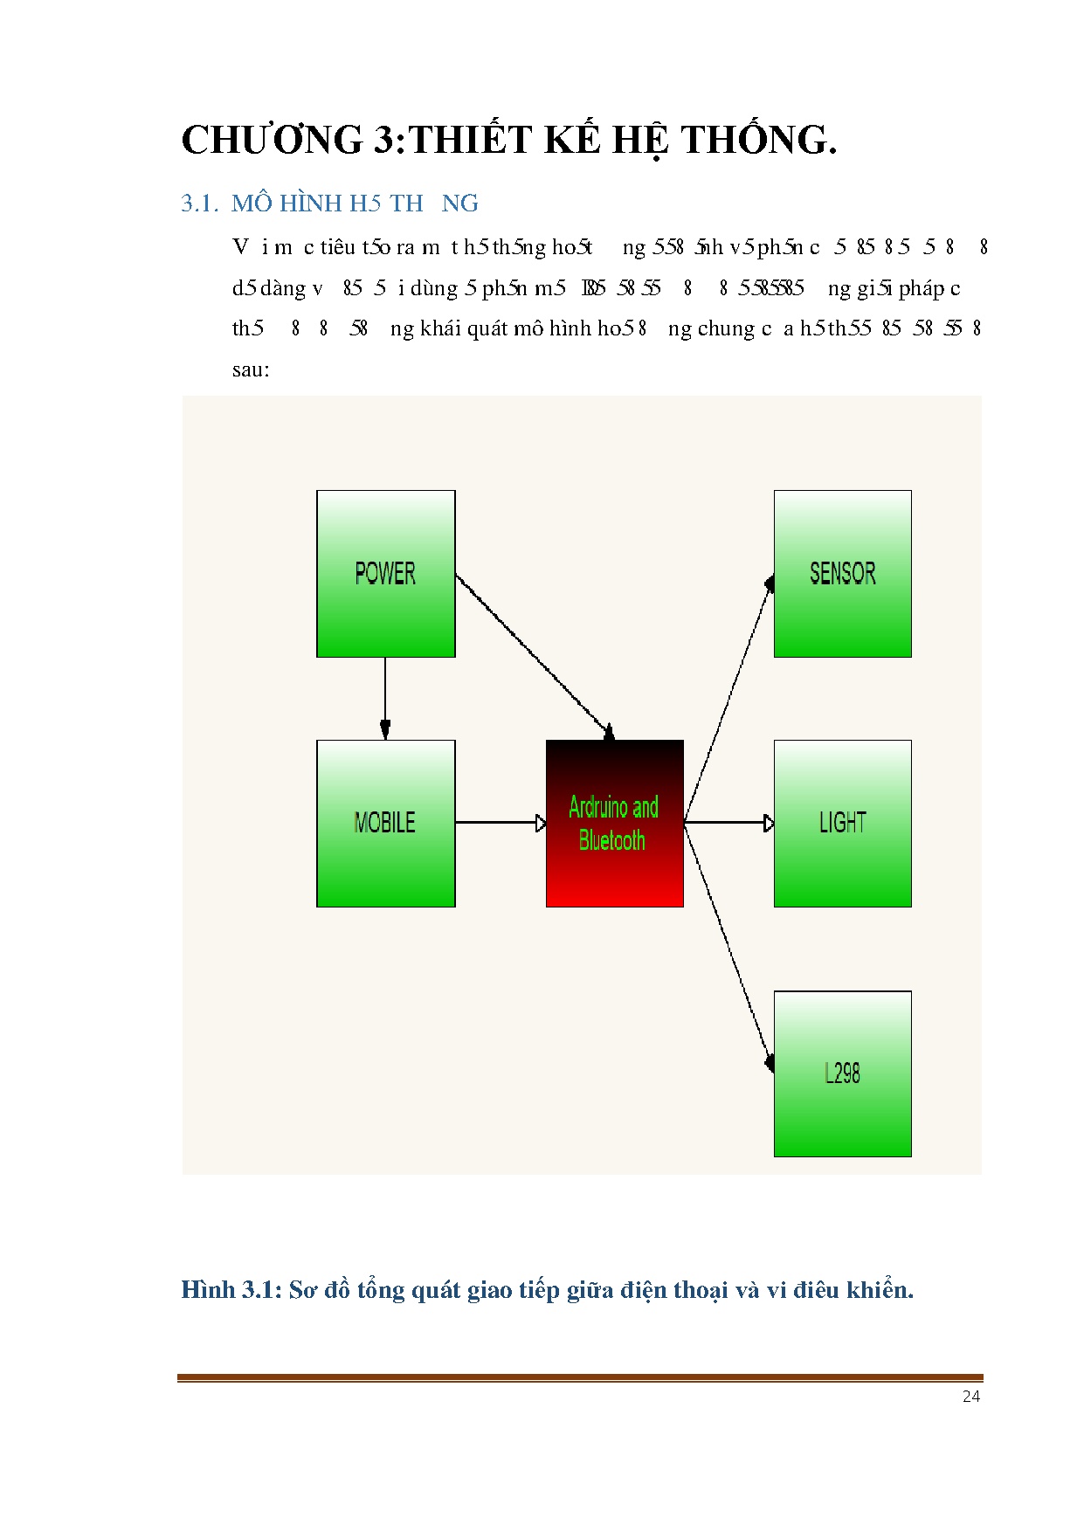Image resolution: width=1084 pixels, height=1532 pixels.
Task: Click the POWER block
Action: click(385, 573)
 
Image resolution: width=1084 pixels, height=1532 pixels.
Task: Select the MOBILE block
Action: click(385, 823)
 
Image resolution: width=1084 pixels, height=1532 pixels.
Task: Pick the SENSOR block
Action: click(842, 573)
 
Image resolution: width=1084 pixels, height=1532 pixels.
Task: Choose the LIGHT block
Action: click(842, 823)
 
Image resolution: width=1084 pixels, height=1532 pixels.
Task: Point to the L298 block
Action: click(842, 1073)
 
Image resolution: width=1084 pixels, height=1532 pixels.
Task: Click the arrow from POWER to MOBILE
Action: click(385, 698)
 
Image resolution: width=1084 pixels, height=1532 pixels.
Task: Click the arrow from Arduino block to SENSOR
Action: click(728, 700)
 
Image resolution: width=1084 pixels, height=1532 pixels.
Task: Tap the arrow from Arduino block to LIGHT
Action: click(728, 822)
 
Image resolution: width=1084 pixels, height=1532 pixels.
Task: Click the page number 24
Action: click(970, 1397)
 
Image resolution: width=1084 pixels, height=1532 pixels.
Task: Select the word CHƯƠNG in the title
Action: click(272, 140)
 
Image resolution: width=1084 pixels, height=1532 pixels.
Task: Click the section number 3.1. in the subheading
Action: click(199, 204)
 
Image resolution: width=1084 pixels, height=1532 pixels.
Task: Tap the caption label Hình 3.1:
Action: click(231, 1290)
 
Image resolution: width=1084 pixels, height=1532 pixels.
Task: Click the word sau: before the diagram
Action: click(251, 369)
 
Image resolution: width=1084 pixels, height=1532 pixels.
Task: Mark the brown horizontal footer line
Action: click(580, 1378)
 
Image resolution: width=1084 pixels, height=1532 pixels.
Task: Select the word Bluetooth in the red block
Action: click(611, 840)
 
